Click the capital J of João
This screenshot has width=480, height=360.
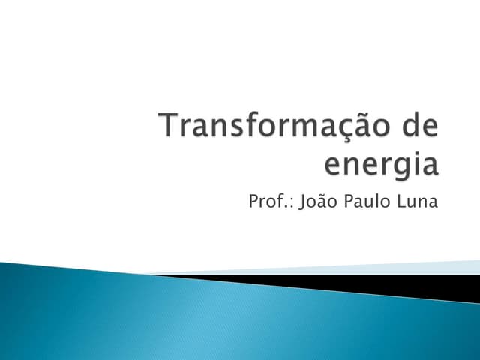(x=302, y=202)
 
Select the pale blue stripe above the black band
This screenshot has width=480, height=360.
(x=375, y=268)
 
